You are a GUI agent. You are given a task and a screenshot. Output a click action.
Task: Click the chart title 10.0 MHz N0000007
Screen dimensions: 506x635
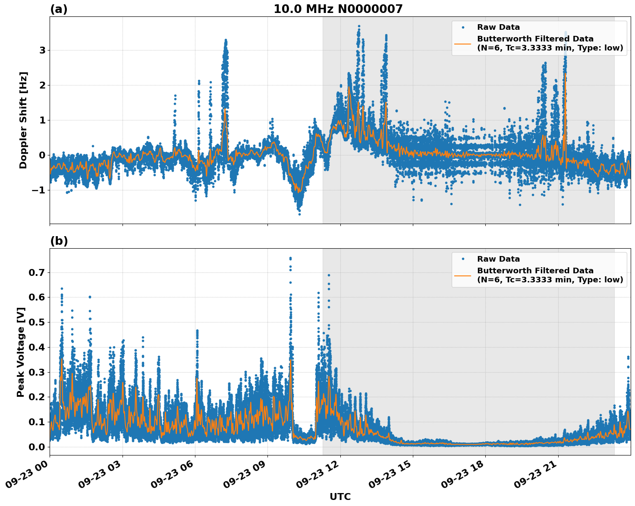(338, 9)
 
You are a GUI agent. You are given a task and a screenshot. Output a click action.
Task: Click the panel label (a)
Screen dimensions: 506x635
(59, 9)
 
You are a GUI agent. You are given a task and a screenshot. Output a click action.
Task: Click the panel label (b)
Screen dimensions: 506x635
(59, 241)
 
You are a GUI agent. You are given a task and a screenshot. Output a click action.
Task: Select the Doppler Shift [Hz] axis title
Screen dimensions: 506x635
(23, 120)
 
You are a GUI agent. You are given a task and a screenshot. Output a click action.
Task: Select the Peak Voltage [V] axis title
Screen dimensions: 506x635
(21, 352)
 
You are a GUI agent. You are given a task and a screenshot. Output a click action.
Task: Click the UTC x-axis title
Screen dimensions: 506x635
(340, 497)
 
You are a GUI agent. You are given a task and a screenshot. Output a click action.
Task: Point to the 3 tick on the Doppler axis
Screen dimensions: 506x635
(42, 50)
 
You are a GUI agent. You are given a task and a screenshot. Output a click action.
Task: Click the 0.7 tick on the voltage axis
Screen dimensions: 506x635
(37, 272)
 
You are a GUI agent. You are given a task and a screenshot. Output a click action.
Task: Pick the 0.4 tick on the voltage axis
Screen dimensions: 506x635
(37, 347)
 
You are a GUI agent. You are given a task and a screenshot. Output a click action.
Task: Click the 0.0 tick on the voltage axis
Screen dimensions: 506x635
(37, 447)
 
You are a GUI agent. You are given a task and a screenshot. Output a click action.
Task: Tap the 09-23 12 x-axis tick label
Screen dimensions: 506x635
(317, 474)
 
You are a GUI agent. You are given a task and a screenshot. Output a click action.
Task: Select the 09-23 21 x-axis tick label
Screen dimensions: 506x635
(535, 474)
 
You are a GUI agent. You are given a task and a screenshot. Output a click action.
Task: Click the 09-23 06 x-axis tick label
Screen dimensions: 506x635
(172, 474)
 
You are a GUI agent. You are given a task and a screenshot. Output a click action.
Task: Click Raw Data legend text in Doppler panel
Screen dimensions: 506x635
(498, 27)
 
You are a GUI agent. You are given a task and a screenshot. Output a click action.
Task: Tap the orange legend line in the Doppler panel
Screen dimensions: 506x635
(462, 43)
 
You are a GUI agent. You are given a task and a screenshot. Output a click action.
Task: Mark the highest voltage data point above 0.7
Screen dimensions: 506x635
(290, 258)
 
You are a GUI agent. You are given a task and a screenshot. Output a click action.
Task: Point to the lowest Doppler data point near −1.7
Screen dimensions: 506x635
(299, 214)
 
